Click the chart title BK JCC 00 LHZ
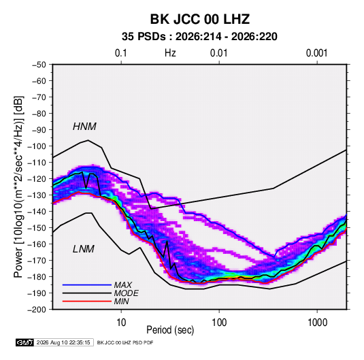[x=200, y=19]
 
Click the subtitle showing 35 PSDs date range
[x=199, y=37]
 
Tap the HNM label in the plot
[x=84, y=127]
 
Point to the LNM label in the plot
[x=84, y=249]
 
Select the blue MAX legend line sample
[x=87, y=285]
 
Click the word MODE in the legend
[x=127, y=293]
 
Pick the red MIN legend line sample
[x=87, y=301]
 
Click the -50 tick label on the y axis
[x=39, y=65]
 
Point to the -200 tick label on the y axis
[x=37, y=310]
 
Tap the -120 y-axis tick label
[x=37, y=179]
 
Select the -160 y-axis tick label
[x=37, y=244]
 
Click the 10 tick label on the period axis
[x=121, y=323]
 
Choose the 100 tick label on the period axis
[x=219, y=323]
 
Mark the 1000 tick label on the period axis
[x=317, y=323]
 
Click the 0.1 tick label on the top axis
[x=121, y=53]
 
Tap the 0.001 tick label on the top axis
[x=316, y=53]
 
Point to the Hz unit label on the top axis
[x=170, y=53]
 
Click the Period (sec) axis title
[x=170, y=330]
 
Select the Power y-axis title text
[x=19, y=186]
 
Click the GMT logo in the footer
[x=25, y=342]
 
